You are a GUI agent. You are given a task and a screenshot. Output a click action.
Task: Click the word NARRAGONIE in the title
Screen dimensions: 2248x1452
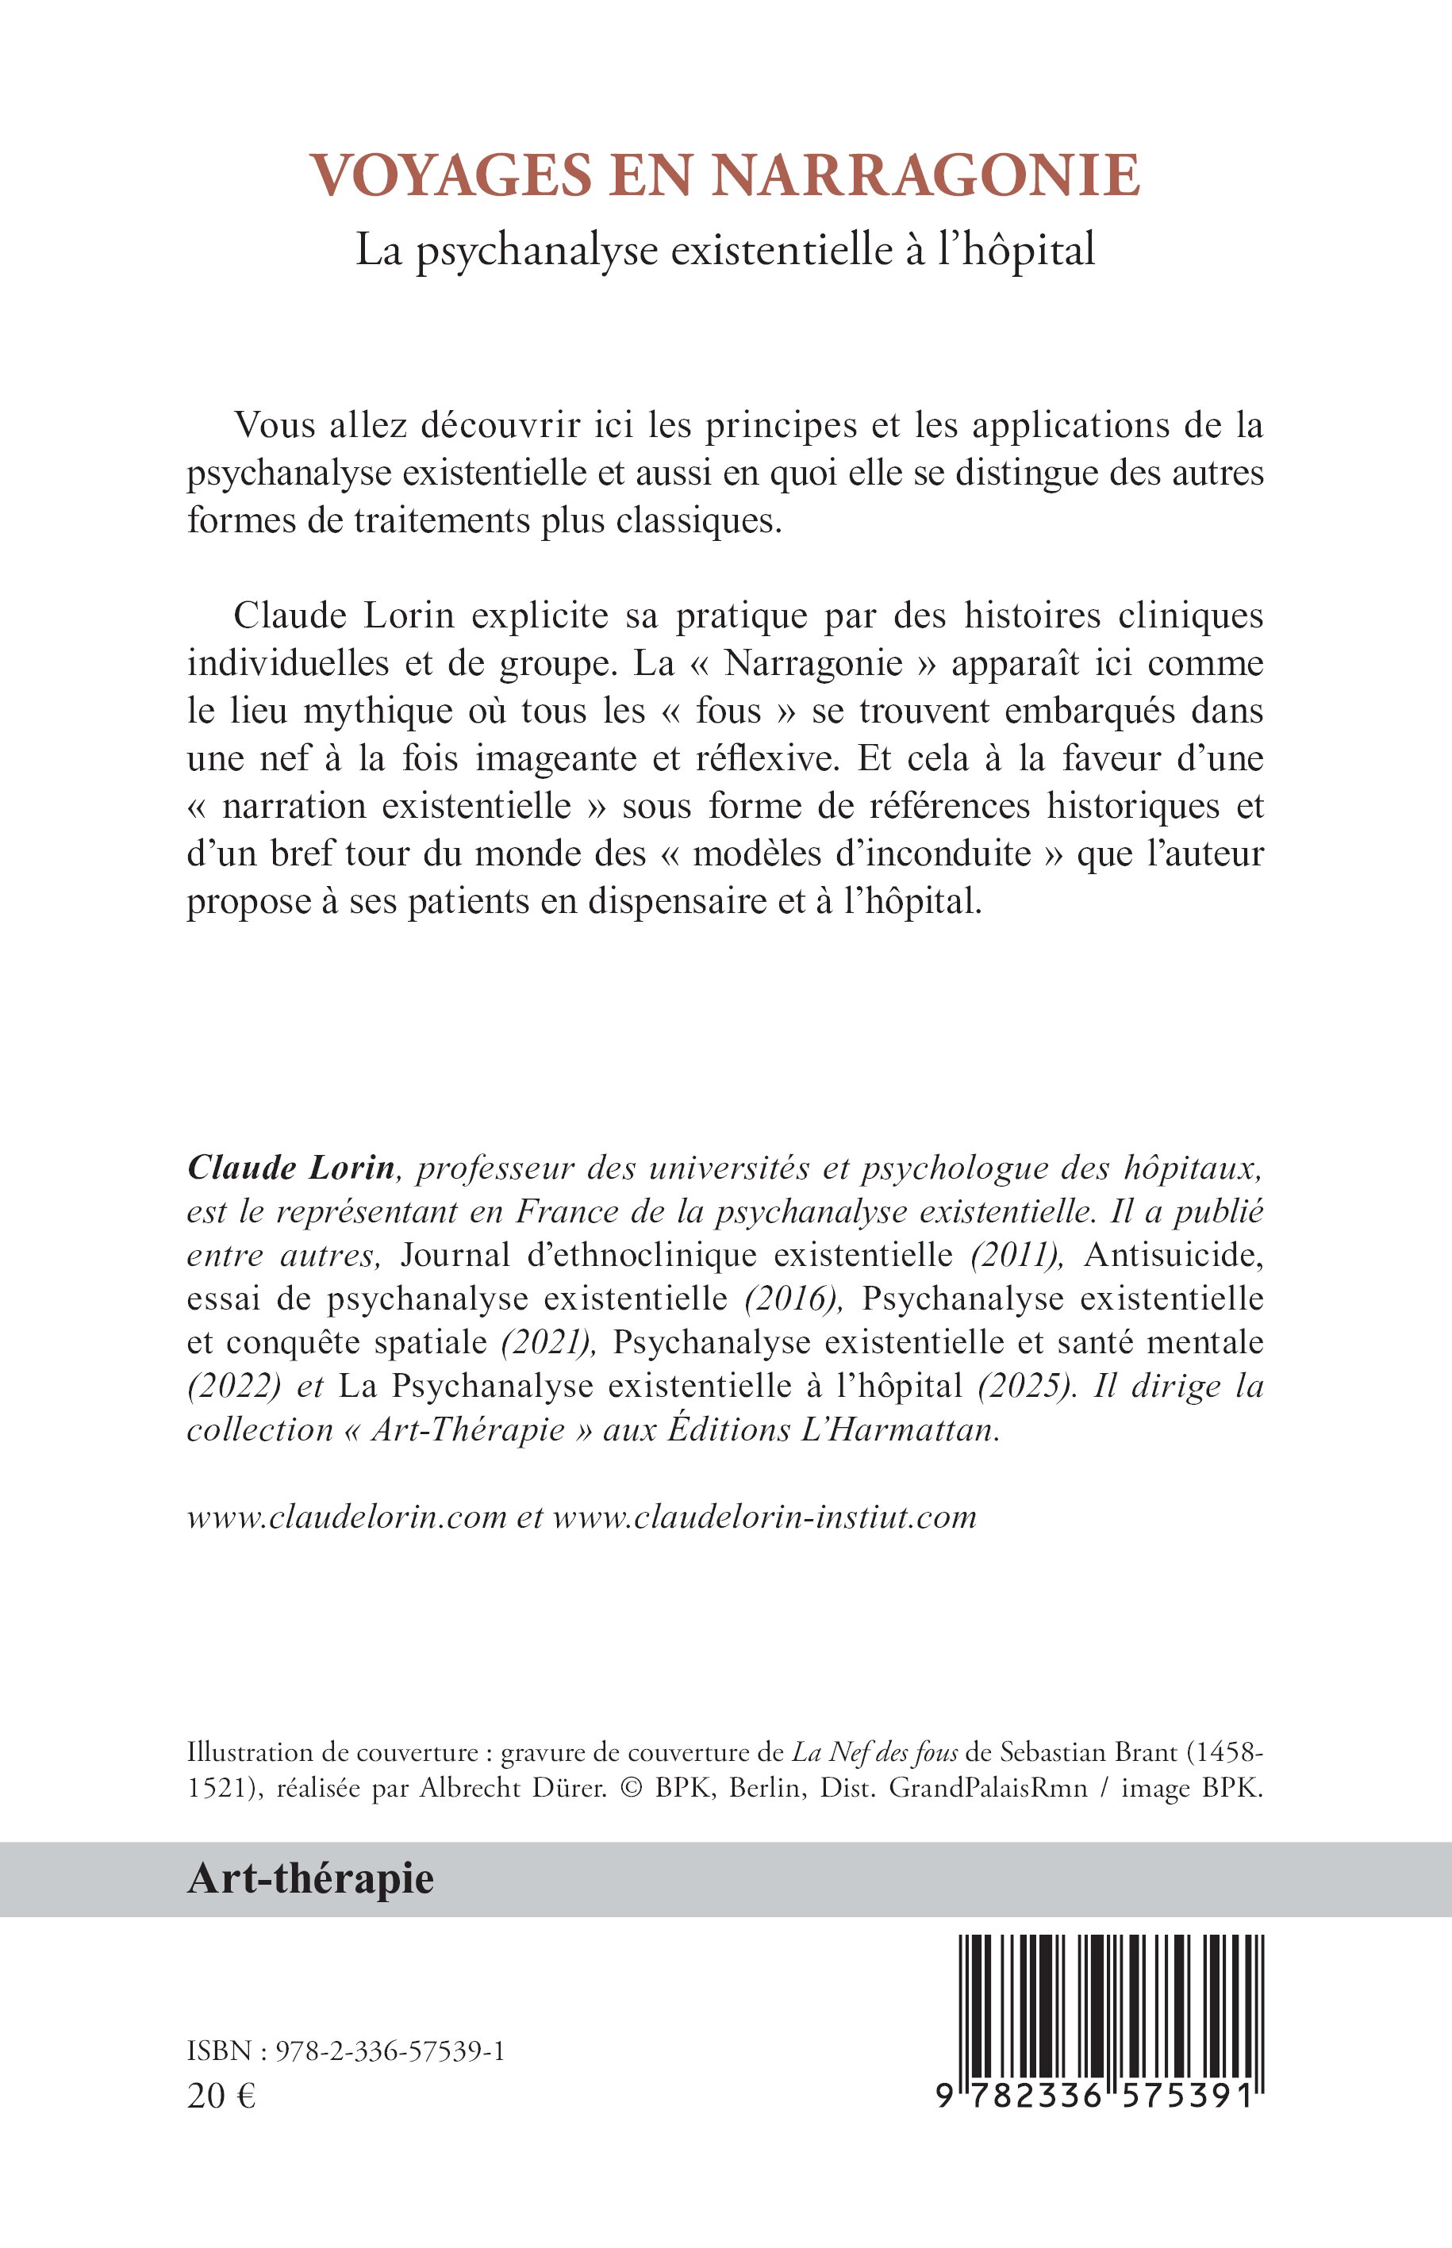point(925,175)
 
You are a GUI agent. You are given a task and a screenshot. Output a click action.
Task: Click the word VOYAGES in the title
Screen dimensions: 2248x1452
point(451,175)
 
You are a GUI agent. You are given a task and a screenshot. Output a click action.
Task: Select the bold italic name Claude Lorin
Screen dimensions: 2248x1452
point(290,1168)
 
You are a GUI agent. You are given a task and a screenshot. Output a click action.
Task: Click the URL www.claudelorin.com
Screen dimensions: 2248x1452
point(347,1517)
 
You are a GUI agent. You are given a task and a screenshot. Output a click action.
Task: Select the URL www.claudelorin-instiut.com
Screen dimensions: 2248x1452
point(765,1517)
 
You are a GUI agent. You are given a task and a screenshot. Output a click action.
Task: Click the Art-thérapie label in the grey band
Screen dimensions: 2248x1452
point(310,1878)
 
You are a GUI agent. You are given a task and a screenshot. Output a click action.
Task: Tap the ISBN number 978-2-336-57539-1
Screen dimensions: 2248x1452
point(390,2053)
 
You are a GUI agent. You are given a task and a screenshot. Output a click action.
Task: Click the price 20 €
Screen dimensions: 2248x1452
point(221,2096)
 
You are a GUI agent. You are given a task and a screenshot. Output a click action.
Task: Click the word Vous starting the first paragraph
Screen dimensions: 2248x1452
point(275,426)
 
